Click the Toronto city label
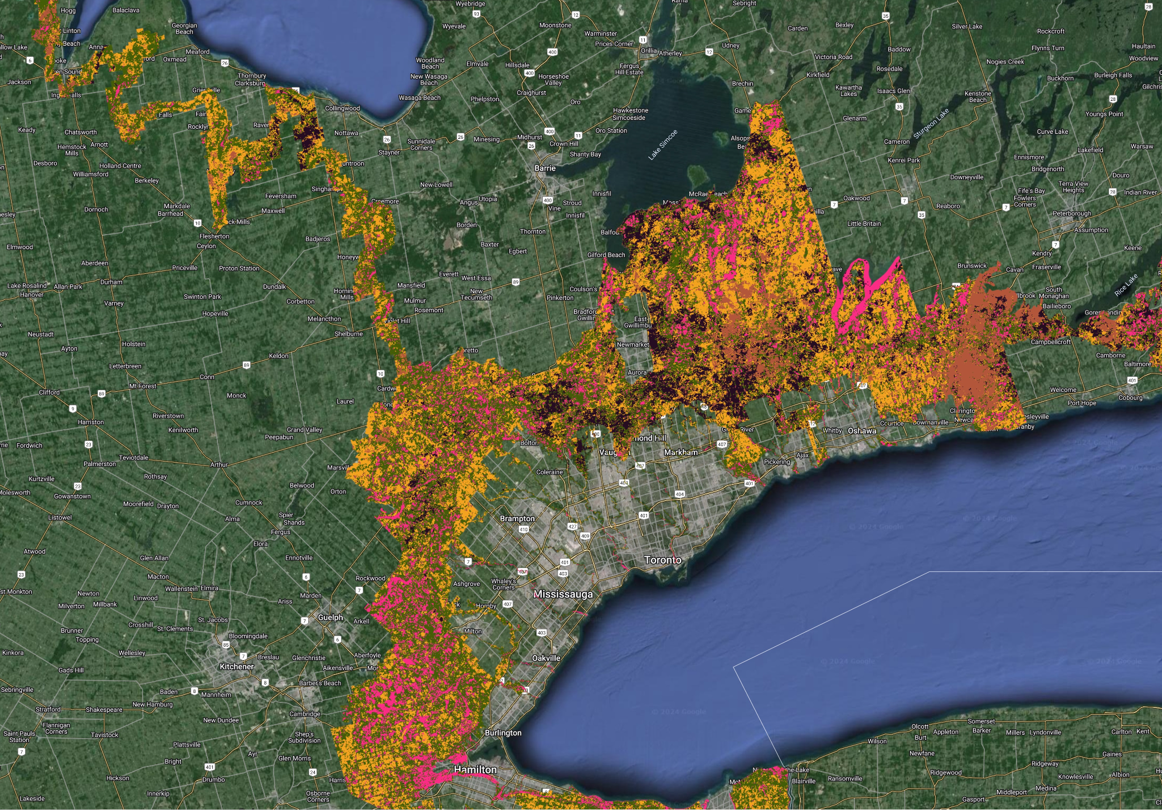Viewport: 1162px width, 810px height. pos(662,560)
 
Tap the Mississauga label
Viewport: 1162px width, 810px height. pos(563,594)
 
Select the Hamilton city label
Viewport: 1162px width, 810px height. pos(475,769)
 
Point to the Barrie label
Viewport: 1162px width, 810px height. pos(544,168)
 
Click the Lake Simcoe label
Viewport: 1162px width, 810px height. pos(663,145)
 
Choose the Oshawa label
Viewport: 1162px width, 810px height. pos(862,431)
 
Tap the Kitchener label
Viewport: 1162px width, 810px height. pos(236,667)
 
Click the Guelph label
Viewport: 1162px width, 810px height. pos(330,617)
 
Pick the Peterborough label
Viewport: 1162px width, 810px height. pos(1071,214)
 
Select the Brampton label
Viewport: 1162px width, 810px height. pos(517,518)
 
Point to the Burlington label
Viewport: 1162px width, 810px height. pos(503,733)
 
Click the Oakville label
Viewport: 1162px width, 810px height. pos(546,658)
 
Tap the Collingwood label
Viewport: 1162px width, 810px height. pos(342,108)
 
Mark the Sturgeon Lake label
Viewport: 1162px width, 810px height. pos(931,124)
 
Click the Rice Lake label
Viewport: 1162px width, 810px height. pos(1126,285)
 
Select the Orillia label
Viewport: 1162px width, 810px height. pos(648,50)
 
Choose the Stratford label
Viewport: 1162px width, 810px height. pos(48,709)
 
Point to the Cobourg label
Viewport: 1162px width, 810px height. pos(1130,397)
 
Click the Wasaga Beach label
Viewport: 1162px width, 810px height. pos(419,98)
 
